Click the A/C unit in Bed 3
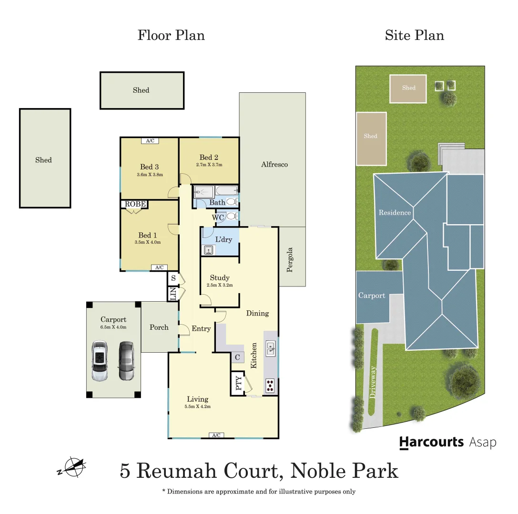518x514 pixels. [150, 140]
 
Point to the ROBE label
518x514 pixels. [135, 204]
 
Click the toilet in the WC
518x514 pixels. [232, 217]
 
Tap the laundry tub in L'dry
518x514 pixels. [208, 250]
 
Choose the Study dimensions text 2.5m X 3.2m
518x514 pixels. [219, 285]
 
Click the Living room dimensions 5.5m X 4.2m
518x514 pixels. [197, 406]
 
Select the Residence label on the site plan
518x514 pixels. [395, 213]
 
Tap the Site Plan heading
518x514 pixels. [414, 35]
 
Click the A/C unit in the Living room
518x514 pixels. [216, 435]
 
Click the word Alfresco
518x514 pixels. [274, 165]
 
